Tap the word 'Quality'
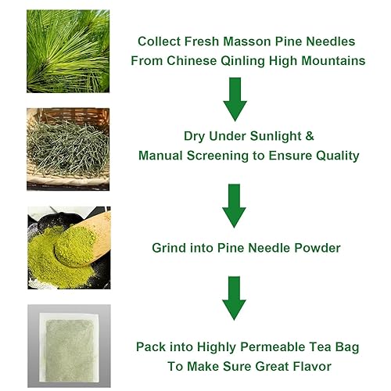click(x=335, y=156)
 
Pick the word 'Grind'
click(x=170, y=248)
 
